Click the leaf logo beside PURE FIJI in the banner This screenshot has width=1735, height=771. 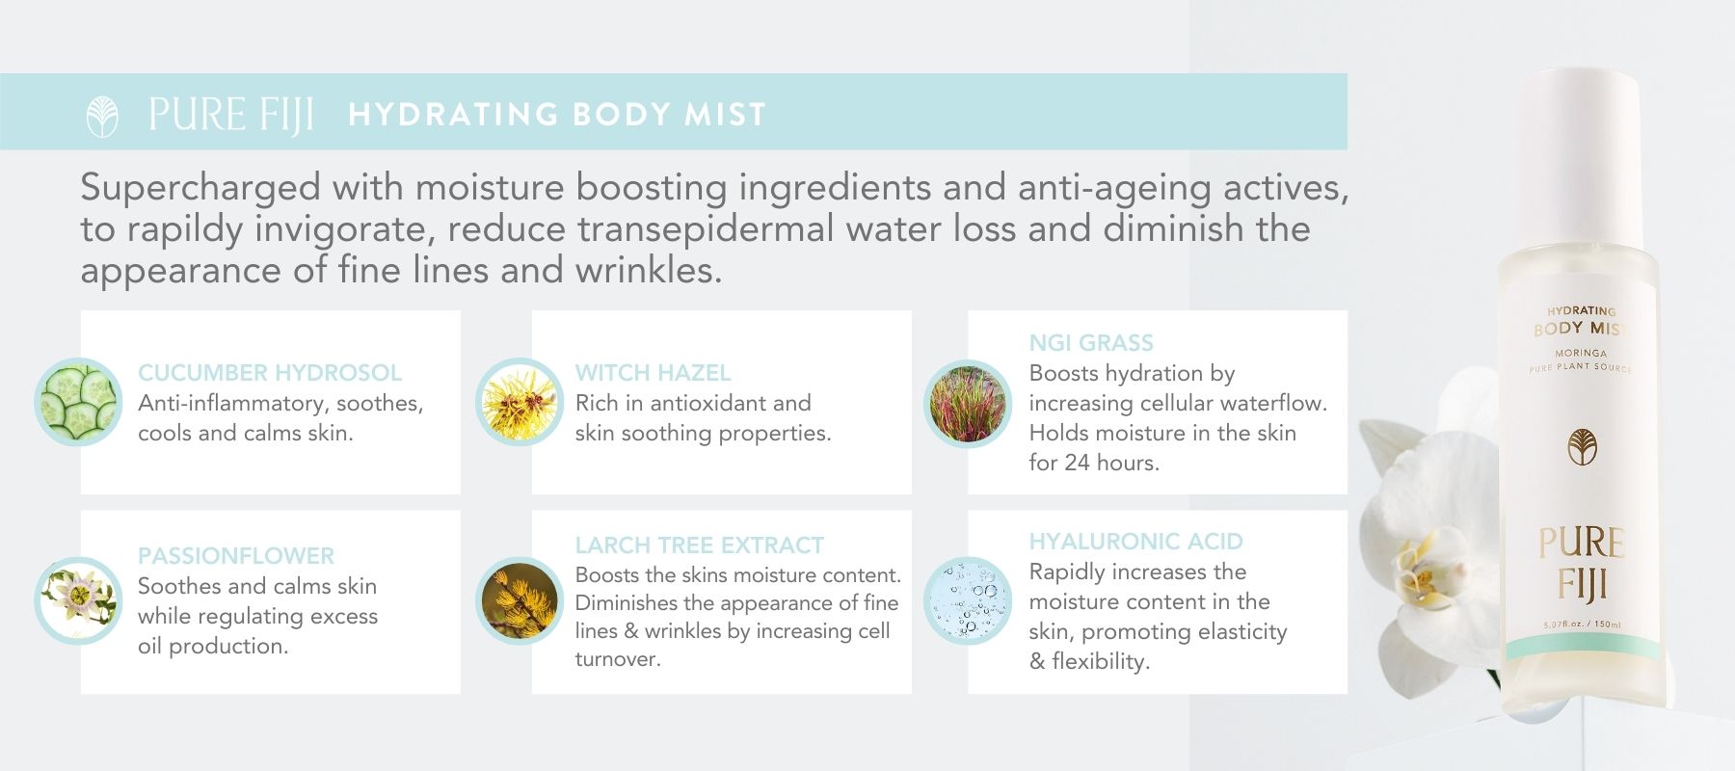(102, 118)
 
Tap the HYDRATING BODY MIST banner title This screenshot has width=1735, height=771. (557, 115)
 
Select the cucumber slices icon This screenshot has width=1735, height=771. (78, 402)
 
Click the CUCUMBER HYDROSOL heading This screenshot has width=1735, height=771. (270, 373)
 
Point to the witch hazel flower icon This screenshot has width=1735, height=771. (520, 402)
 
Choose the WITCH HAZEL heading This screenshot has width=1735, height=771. (653, 373)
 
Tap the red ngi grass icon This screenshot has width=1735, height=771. (967, 402)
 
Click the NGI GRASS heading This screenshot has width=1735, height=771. (1091, 343)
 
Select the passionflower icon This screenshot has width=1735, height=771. (78, 600)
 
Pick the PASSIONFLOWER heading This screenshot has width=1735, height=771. (236, 556)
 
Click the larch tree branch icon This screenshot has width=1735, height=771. (520, 600)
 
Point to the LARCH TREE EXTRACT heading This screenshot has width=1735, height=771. (699, 545)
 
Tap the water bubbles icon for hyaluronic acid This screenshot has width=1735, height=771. (967, 600)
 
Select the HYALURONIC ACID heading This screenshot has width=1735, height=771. (1135, 542)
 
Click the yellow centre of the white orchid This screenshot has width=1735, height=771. (1418, 569)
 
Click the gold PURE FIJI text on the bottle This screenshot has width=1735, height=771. (1581, 564)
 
